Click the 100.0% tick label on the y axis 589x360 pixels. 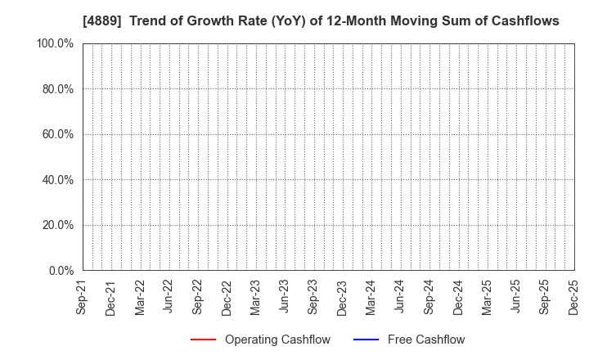click(x=55, y=43)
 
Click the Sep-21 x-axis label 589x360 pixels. click(x=82, y=295)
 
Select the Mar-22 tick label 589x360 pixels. click(x=140, y=295)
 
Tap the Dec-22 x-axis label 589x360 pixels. click(x=227, y=295)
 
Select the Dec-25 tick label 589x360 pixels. click(x=574, y=295)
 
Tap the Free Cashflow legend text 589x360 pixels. click(x=427, y=340)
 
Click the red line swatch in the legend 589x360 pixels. click(x=203, y=340)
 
